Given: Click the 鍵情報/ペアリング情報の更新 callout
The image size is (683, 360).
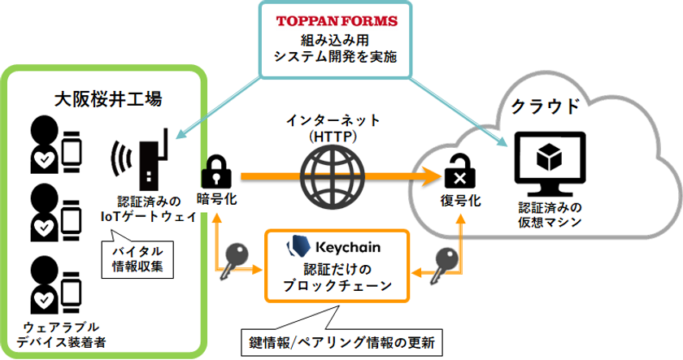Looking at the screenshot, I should point(341,343).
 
